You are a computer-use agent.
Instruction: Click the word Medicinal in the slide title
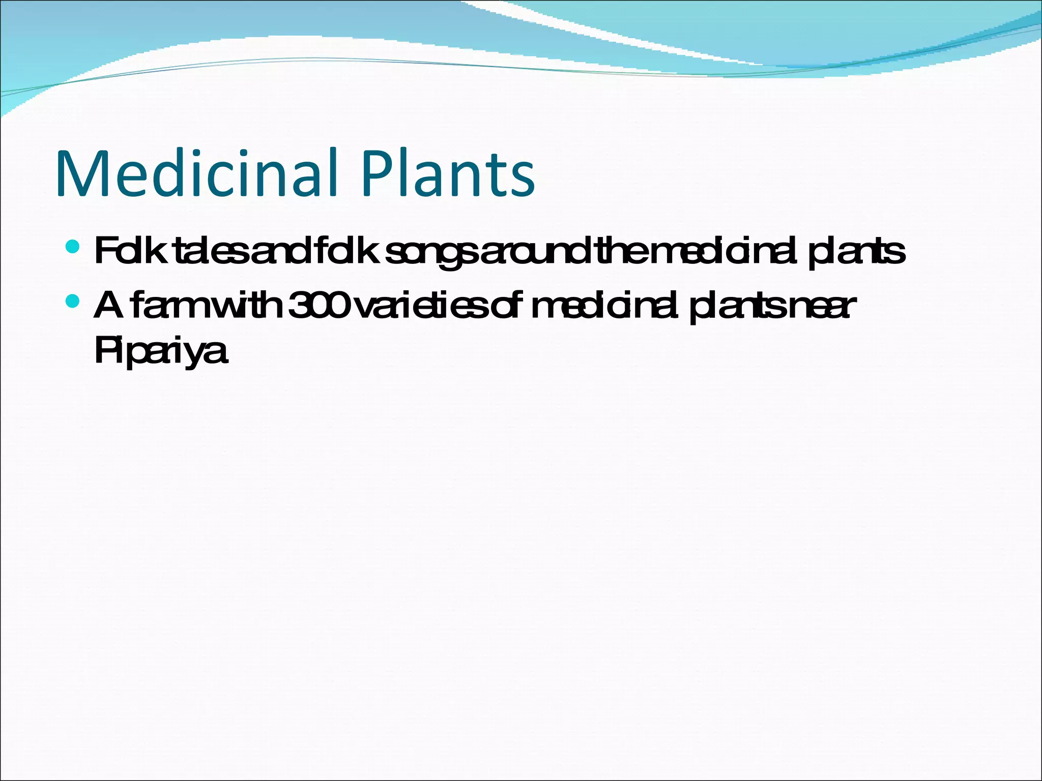click(196, 174)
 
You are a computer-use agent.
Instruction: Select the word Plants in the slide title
click(448, 174)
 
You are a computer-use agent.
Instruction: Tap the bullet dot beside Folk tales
click(73, 248)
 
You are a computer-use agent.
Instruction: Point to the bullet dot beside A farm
click(73, 302)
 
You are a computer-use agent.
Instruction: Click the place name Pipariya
click(160, 350)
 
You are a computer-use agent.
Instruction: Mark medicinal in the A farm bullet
click(605, 306)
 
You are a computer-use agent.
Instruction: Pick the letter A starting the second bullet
click(108, 306)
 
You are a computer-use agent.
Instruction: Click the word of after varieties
click(509, 306)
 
